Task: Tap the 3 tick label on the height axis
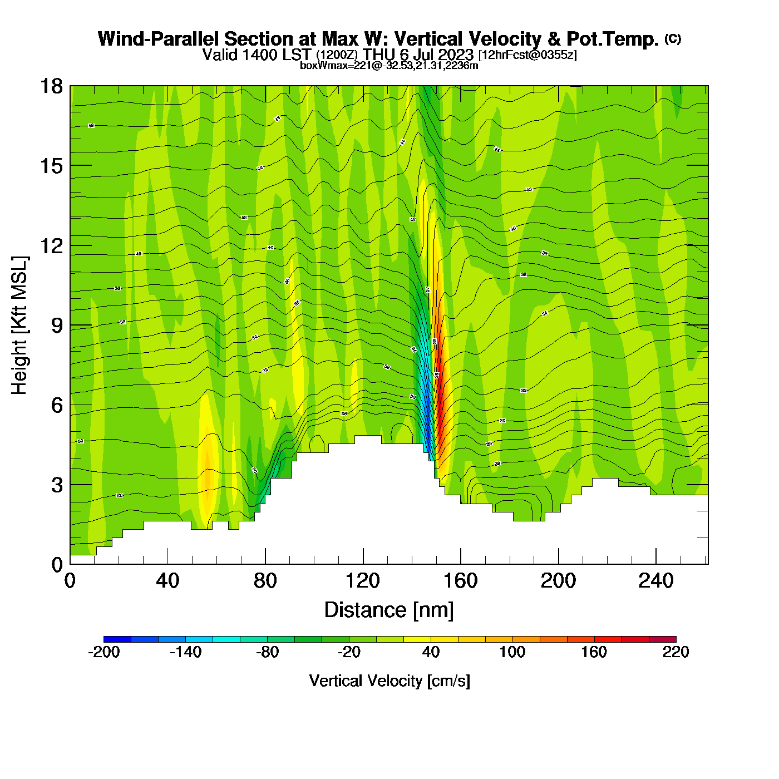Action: click(57, 485)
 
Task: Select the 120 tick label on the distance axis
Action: click(363, 581)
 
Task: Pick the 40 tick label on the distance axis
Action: click(167, 581)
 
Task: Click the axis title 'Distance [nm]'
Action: click(389, 610)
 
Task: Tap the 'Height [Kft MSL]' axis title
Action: click(19, 326)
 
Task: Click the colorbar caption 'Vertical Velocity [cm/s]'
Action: click(389, 681)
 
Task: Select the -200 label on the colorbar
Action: click(104, 652)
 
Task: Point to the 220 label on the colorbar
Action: click(676, 652)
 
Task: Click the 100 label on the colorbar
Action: click(512, 652)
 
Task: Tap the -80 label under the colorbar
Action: click(267, 652)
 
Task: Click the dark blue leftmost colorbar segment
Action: click(117, 639)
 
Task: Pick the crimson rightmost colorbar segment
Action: click(662, 639)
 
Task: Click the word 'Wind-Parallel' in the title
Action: click(159, 39)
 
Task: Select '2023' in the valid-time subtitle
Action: click(456, 55)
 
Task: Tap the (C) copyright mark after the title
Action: click(673, 38)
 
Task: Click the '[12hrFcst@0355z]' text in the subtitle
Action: click(527, 55)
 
